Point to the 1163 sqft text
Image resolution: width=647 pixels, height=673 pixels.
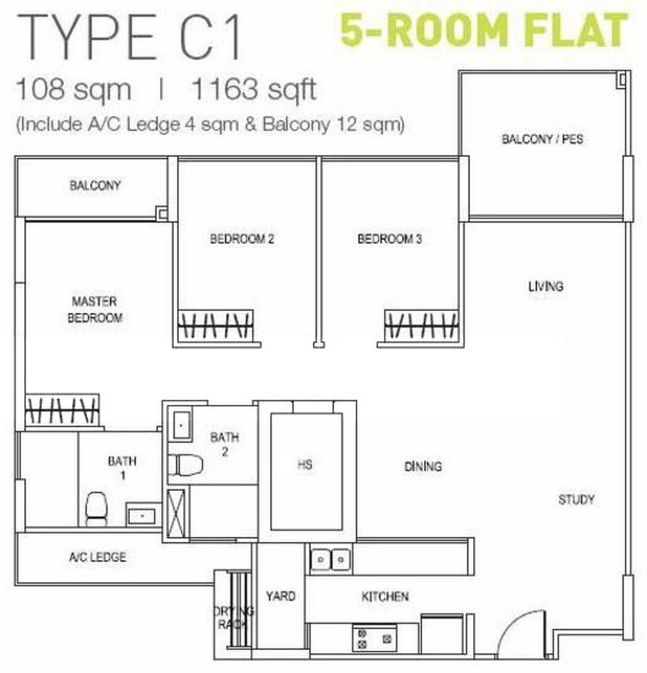254,89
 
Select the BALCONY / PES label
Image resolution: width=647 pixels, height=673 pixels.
542,139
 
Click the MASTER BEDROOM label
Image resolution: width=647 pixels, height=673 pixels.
95,310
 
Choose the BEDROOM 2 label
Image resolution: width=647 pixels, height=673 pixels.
242,239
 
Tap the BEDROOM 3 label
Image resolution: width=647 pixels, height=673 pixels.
389,239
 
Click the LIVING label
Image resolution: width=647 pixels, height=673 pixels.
546,287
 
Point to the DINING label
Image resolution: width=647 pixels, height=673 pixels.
423,467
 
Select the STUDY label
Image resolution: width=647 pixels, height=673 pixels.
576,500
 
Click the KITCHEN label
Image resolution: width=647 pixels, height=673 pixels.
385,597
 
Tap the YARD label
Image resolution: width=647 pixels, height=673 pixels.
281,596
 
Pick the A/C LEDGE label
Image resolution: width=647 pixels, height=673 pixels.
97,557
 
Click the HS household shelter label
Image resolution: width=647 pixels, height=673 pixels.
305,465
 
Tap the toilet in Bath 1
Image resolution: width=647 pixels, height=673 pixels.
96,509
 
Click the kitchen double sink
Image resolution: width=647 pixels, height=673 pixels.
331,560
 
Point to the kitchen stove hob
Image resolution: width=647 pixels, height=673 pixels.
374,638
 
